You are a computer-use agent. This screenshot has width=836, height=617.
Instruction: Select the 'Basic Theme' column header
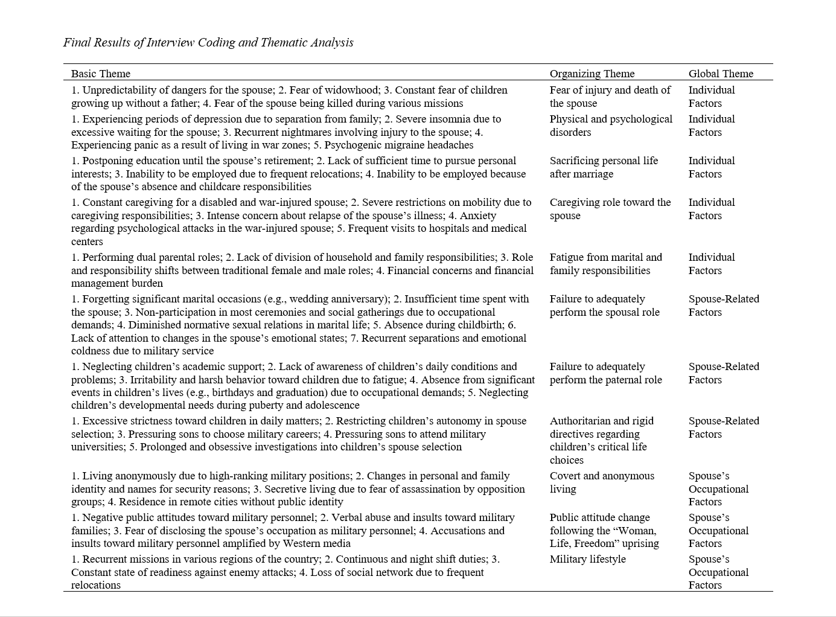tap(101, 74)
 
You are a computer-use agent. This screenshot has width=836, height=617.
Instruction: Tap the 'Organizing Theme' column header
tap(592, 74)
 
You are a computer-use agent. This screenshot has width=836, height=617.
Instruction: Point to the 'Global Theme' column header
tap(721, 74)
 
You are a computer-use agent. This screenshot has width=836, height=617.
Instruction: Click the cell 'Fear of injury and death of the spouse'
tap(610, 97)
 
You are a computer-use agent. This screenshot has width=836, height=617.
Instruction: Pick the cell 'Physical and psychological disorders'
tap(610, 126)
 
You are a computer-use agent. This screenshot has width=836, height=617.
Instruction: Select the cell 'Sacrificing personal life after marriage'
tap(604, 167)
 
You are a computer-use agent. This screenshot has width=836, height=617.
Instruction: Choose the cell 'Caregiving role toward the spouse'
tap(610, 209)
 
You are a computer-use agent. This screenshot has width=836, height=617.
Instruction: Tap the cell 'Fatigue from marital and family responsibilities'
tap(605, 264)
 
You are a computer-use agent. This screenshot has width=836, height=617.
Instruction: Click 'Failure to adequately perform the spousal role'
tap(604, 305)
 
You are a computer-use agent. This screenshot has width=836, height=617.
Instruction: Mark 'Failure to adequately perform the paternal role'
tap(605, 373)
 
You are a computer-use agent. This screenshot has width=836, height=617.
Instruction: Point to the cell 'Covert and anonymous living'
tap(601, 482)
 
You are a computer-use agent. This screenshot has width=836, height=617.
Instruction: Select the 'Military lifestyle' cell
tap(587, 559)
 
